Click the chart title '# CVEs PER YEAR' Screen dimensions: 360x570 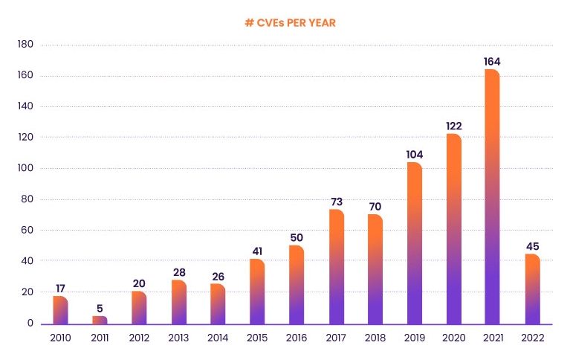(291, 23)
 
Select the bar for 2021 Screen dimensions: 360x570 (492, 197)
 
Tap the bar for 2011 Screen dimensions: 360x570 (100, 320)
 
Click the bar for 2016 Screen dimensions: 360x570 (297, 285)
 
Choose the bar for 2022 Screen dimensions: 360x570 (532, 289)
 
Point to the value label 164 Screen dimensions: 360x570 (492, 61)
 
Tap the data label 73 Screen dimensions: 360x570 (336, 201)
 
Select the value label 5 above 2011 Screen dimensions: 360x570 (100, 306)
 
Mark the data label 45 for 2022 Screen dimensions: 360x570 (532, 246)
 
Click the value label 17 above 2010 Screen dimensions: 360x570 (60, 288)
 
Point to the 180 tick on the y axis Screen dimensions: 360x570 (25, 45)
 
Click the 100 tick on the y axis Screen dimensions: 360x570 (25, 169)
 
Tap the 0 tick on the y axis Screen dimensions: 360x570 (30, 324)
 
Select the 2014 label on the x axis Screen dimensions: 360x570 (218, 338)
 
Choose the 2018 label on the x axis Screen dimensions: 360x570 (375, 338)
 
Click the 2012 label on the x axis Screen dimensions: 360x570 (139, 338)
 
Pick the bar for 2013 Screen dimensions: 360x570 (178, 302)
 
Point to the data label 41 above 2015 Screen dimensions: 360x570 (257, 251)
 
